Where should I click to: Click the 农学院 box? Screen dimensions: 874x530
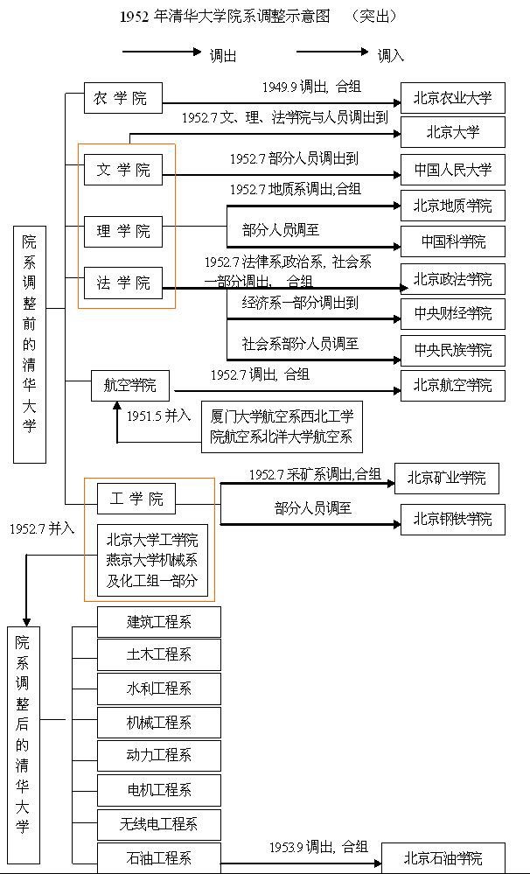pos(122,98)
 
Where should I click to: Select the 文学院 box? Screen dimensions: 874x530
pos(122,170)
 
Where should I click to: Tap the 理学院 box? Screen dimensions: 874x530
pos(122,231)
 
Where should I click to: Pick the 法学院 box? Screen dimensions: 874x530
pos(122,283)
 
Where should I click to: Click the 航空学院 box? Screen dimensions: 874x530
pos(130,385)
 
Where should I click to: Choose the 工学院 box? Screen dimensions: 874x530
pos(136,500)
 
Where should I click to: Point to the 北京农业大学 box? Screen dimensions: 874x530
pos(452,98)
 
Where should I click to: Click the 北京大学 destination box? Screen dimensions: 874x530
pos(452,133)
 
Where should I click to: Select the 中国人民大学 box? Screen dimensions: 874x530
pos(452,170)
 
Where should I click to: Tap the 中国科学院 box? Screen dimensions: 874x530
pos(452,241)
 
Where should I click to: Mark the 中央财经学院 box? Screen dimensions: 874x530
pos(452,313)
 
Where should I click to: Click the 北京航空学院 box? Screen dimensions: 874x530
pos(452,385)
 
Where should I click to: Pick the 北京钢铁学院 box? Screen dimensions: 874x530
pos(452,519)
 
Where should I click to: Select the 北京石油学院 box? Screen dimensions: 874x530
pos(443,857)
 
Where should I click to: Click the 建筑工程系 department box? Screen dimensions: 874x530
pos(158,622)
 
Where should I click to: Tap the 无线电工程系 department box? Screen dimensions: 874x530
pos(158,824)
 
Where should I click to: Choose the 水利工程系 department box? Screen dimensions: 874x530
pos(158,689)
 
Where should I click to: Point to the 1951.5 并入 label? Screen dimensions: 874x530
pos(158,416)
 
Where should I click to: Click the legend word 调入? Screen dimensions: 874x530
pos(390,55)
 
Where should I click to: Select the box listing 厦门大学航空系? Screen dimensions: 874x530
pos(282,427)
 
